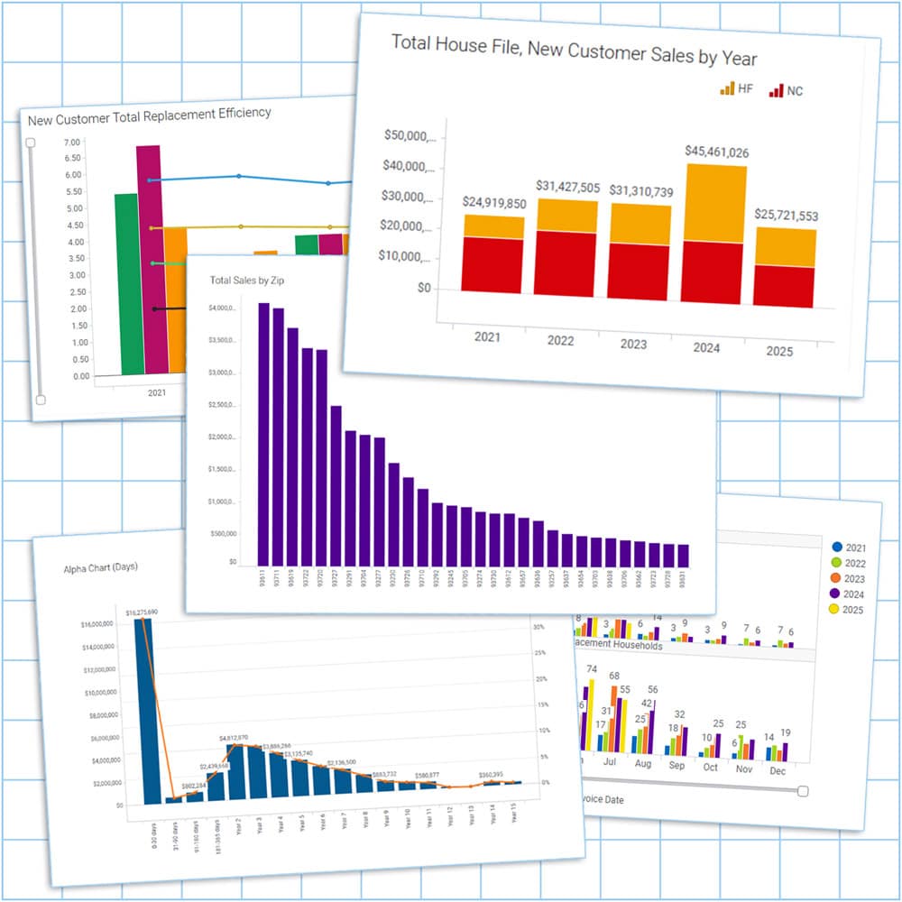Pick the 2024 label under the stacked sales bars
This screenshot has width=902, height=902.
706,346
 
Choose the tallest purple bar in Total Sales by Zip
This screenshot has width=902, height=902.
264,433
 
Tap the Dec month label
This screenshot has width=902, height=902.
778,772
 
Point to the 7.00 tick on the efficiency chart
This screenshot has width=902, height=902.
73,142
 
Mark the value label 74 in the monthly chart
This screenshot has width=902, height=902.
591,668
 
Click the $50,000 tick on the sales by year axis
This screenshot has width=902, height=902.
410,136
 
